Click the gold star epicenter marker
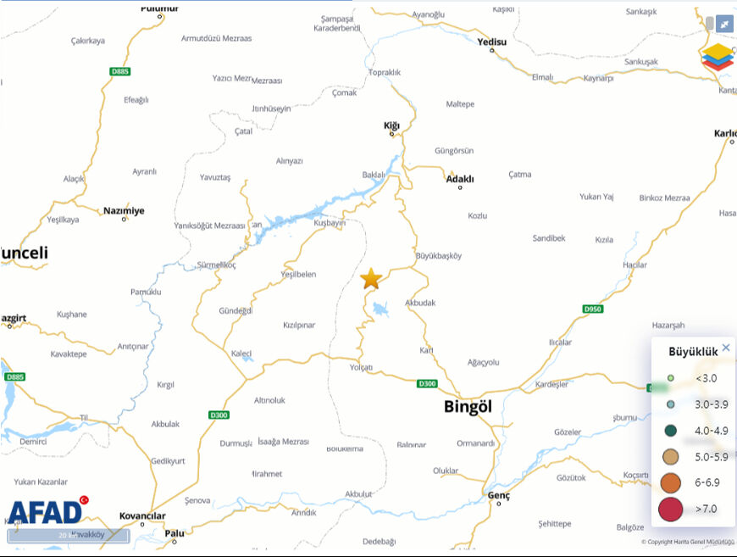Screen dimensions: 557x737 [370, 279]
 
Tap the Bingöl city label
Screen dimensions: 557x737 [468, 407]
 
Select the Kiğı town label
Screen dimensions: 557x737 [391, 125]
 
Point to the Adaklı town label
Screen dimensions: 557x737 [460, 179]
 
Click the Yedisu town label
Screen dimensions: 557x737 [491, 42]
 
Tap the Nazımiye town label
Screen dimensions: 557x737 [124, 210]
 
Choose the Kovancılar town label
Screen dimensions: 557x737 [142, 515]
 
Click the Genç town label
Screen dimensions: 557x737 [499, 494]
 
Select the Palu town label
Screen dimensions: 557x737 [175, 533]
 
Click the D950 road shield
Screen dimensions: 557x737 [593, 309]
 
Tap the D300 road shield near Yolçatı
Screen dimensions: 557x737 [428, 384]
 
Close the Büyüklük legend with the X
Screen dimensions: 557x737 [726, 348]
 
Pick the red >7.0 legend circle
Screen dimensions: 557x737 [669, 510]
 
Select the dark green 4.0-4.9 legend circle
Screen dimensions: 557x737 [670, 431]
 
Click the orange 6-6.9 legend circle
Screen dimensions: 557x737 [669, 483]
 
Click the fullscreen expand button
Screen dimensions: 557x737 [724, 25]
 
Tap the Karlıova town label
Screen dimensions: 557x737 [725, 133]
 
